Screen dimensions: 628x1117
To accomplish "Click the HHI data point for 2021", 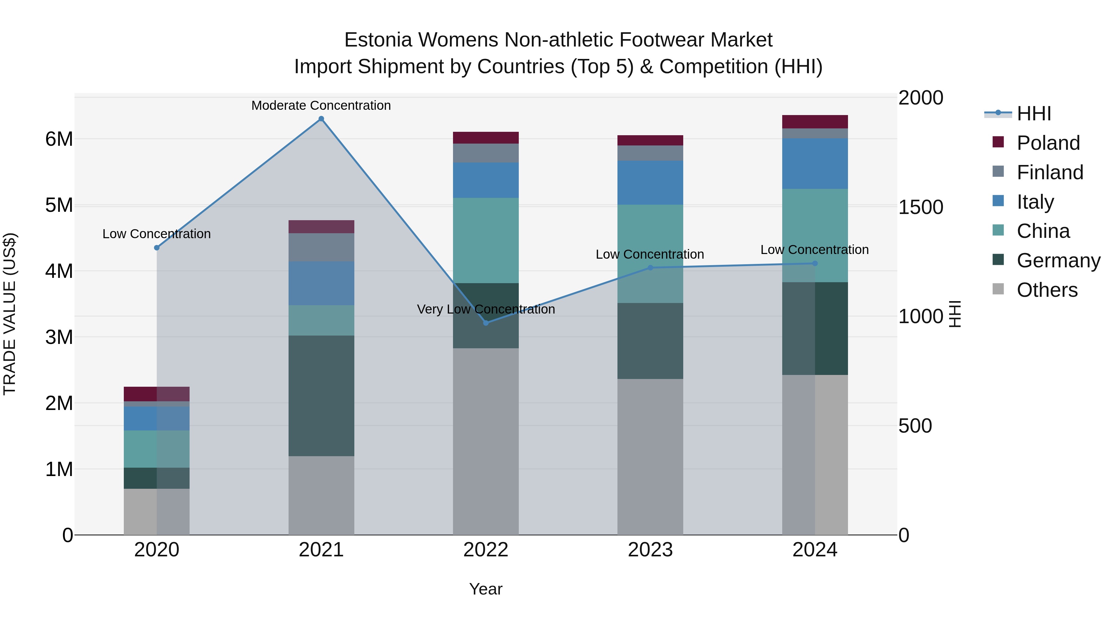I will (x=321, y=119).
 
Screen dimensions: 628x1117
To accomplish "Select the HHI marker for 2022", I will (x=486, y=323).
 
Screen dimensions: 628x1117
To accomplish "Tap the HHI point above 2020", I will (x=157, y=248).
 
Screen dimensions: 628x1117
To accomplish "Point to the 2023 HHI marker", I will (x=650, y=268).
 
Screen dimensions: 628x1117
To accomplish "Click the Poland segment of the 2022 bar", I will (x=486, y=138).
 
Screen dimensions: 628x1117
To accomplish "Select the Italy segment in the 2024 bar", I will (x=815, y=164).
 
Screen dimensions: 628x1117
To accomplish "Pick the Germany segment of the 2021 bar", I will (x=321, y=396).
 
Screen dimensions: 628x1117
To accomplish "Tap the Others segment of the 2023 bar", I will (x=650, y=457).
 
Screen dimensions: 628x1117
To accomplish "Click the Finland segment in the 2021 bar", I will (x=321, y=247).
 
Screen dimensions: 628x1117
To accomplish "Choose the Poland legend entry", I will (x=1048, y=143).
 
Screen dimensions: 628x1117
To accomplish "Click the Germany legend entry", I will (x=1058, y=261).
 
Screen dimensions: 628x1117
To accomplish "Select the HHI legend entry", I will (x=1034, y=114).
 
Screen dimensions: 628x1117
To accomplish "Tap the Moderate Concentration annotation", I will (x=321, y=105).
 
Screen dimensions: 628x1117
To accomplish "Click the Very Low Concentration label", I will (x=486, y=310).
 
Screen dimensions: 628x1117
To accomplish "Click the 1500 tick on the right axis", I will (x=921, y=207).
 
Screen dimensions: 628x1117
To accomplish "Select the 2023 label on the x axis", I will (x=650, y=550).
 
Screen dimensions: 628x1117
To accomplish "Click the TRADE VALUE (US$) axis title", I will (x=10, y=314).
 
